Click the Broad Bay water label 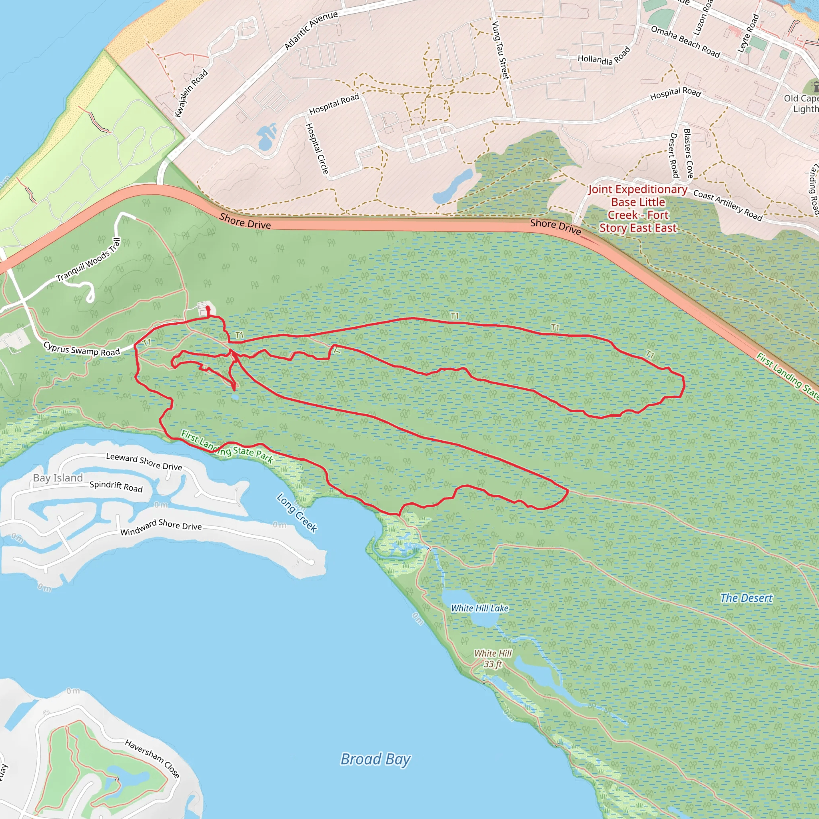(x=375, y=759)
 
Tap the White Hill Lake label (x=479, y=608)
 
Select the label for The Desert (x=746, y=598)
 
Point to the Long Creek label (x=297, y=512)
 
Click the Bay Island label (x=58, y=478)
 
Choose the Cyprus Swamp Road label (x=82, y=348)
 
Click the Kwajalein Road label (x=191, y=93)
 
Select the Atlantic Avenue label (x=311, y=30)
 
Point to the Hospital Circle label (x=317, y=148)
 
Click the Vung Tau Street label (x=500, y=50)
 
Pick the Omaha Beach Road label (x=685, y=42)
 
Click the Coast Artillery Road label (x=727, y=205)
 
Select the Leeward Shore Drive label (x=144, y=461)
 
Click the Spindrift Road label (x=116, y=486)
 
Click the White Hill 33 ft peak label (x=493, y=658)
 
